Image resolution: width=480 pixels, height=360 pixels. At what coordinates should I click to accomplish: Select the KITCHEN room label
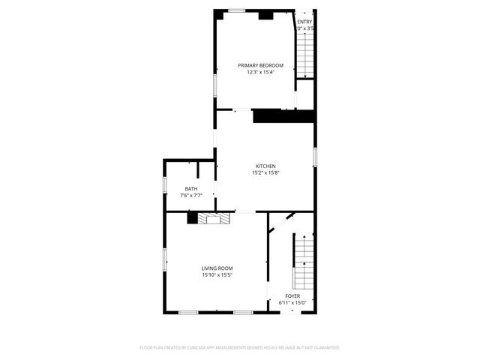[265, 166]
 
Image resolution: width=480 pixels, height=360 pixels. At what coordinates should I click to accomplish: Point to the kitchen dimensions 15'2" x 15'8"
[265, 172]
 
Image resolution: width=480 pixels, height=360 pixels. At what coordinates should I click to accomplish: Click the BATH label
[191, 188]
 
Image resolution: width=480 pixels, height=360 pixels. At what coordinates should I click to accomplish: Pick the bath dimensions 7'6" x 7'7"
[191, 195]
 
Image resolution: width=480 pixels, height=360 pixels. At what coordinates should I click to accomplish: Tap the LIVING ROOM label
[217, 268]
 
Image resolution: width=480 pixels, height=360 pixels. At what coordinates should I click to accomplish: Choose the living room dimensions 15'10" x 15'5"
[217, 275]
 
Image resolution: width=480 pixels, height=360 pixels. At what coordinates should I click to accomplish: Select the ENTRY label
[304, 22]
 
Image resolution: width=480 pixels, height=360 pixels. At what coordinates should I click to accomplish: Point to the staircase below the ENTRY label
[304, 52]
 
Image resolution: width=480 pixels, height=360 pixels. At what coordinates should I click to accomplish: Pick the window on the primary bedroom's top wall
[237, 10]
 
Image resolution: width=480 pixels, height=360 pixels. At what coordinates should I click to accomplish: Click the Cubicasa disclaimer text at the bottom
[240, 348]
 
